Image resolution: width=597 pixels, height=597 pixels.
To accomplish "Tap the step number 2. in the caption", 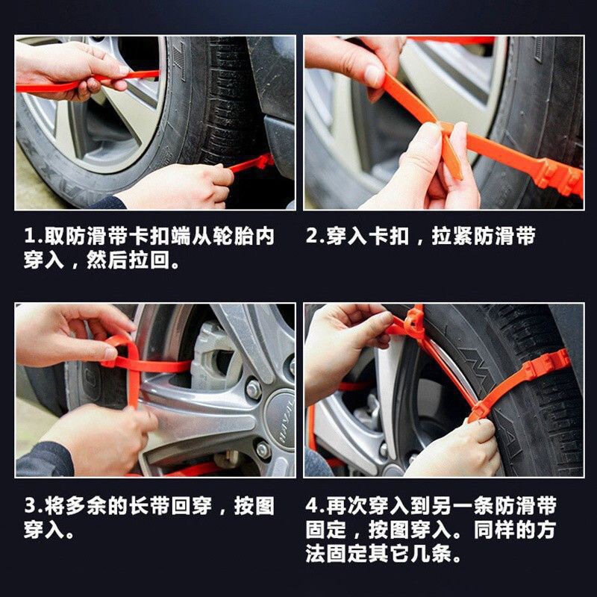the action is pyautogui.click(x=314, y=236).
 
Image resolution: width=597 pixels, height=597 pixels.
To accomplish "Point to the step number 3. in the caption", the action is pyautogui.click(x=33, y=506).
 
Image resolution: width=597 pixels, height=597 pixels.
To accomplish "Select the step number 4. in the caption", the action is pyautogui.click(x=314, y=506).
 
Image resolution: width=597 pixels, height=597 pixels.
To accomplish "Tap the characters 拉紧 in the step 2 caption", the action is pyautogui.click(x=452, y=236).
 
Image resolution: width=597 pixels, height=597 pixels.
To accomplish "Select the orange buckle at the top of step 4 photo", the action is pyautogui.click(x=414, y=322).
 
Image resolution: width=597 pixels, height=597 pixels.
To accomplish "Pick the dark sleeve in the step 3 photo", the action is pyautogui.click(x=45, y=460).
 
